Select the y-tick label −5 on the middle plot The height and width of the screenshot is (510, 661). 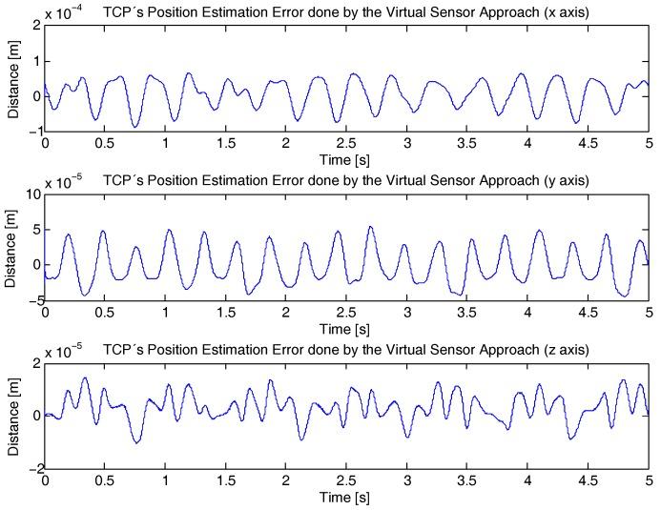pos(31,301)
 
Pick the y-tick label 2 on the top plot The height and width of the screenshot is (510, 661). pos(34,26)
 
